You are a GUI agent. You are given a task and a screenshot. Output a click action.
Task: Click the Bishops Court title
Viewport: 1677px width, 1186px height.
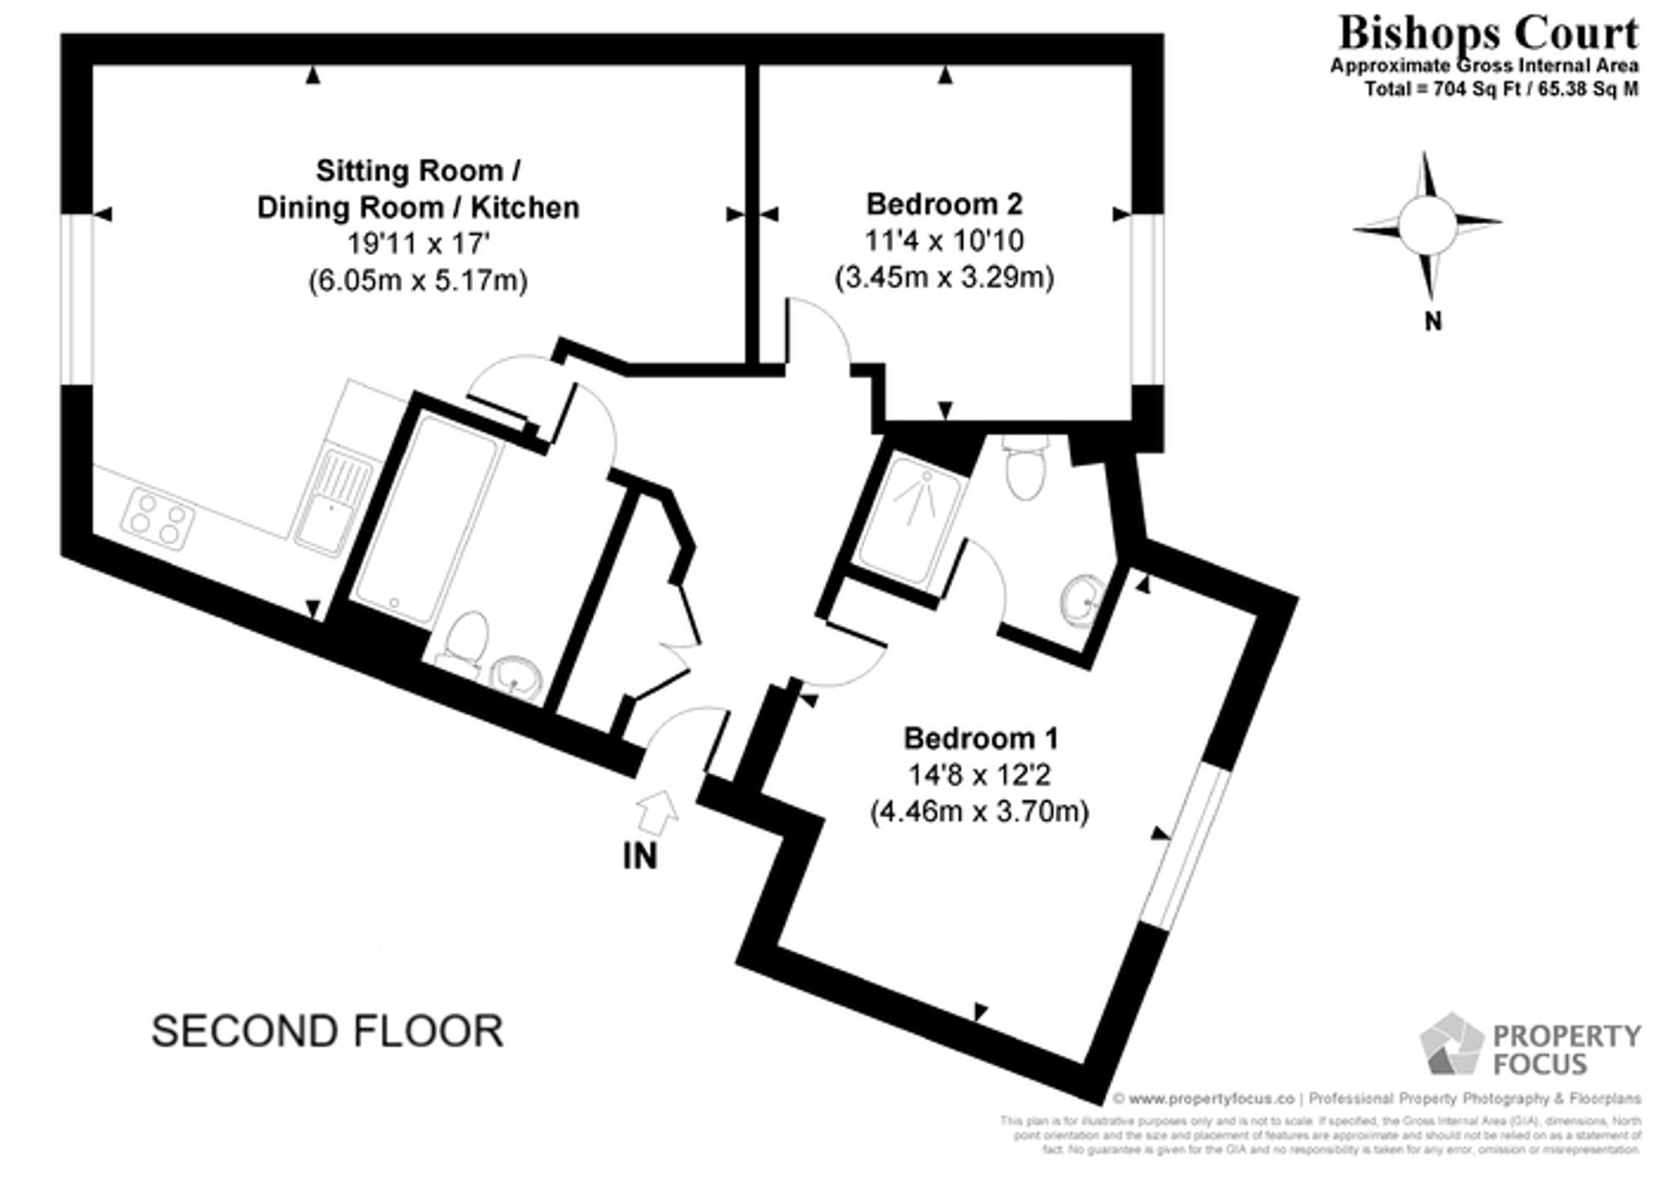point(1487,34)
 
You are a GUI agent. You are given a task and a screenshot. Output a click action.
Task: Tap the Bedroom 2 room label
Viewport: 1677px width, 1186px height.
point(944,204)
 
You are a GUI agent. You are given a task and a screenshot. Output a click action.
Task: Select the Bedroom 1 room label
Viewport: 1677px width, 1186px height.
point(980,738)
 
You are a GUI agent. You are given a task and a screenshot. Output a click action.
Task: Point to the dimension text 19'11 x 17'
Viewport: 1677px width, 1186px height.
point(418,243)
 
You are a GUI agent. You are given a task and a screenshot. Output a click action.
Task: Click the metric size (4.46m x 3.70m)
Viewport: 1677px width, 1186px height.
point(979,812)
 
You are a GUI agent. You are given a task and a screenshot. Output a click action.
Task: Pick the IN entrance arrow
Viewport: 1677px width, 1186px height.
point(657,812)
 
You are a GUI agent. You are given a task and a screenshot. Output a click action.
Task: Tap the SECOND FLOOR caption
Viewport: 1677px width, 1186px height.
point(327,1031)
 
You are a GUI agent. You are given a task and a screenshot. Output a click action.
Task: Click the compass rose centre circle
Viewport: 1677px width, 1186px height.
point(1426,224)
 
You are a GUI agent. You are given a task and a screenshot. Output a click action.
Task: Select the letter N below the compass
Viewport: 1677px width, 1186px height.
point(1433,321)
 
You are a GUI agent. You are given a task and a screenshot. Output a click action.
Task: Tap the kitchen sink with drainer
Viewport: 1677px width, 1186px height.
point(333,502)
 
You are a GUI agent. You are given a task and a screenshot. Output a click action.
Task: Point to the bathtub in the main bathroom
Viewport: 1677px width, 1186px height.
point(428,520)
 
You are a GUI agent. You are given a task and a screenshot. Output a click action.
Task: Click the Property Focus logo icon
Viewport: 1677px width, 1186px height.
point(1450,1044)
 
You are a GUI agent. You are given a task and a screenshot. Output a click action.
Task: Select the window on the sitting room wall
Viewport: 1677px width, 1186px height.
point(76,299)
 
